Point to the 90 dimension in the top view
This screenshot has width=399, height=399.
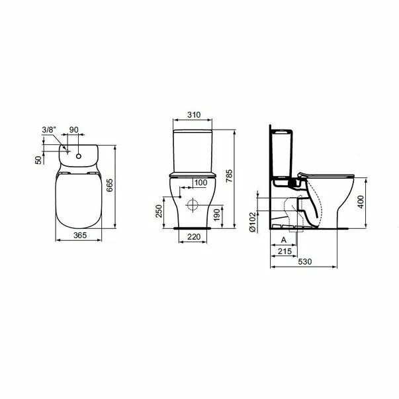tap(74, 130)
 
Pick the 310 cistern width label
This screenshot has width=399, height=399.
tap(193, 115)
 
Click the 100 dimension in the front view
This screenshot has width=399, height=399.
tap(200, 183)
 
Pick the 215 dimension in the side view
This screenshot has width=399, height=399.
tap(285, 252)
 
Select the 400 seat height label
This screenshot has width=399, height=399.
tap(361, 202)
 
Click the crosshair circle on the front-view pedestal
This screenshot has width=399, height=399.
tap(193, 202)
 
